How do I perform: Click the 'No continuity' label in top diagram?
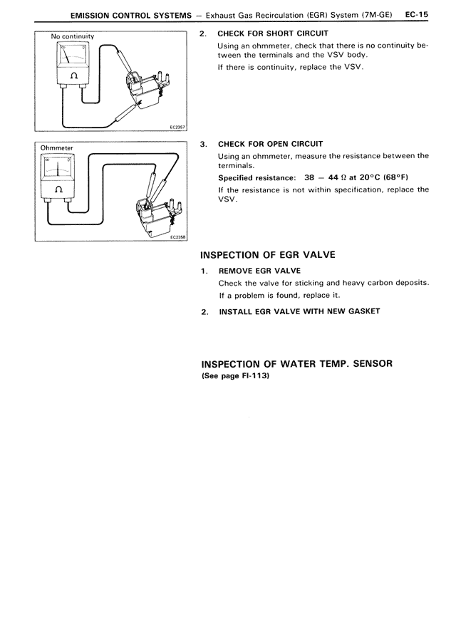73,36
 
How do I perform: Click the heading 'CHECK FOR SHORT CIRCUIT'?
273,33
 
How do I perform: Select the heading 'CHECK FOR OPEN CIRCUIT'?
270,144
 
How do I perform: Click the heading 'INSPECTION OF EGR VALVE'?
267,255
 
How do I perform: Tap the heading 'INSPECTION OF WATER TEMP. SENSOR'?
296,363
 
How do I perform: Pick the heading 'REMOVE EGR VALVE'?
259,271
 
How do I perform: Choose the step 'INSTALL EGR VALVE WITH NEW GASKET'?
299,311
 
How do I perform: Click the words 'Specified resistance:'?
256,177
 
